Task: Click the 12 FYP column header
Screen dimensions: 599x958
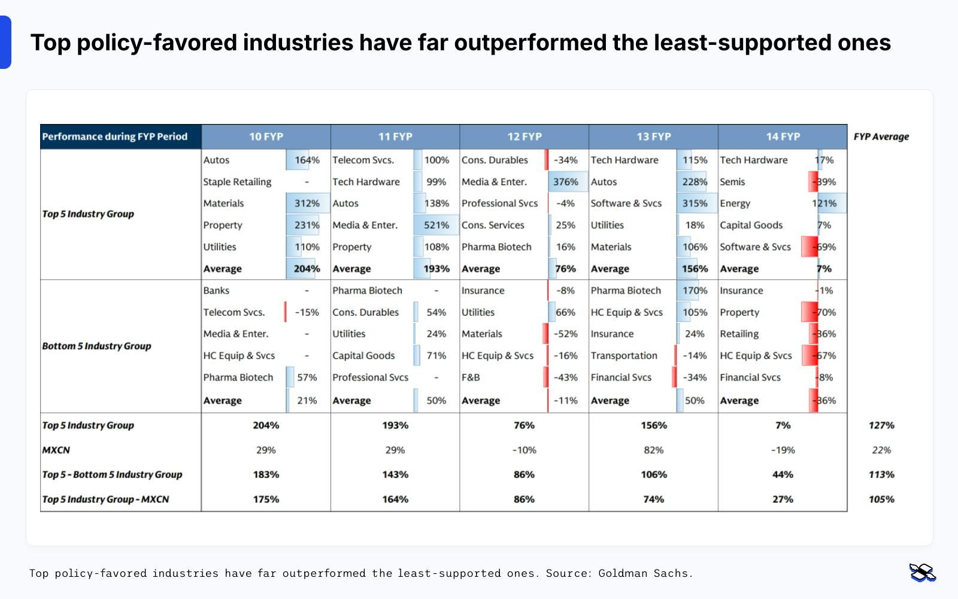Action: [524, 137]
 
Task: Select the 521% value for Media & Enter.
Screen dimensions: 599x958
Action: [436, 225]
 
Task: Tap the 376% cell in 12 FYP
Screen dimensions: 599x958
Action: [565, 181]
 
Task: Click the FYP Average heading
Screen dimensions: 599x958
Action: [881, 137]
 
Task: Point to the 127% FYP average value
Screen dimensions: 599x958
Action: [881, 425]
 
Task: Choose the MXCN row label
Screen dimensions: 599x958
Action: [56, 450]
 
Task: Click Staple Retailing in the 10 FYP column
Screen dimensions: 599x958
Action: [237, 181]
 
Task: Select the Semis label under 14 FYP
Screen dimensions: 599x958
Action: [732, 181]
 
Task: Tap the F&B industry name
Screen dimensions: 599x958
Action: [471, 377]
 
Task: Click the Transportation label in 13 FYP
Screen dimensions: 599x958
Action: [624, 356]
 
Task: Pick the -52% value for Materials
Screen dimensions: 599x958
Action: [565, 334]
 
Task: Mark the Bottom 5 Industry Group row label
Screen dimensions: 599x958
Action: [96, 346]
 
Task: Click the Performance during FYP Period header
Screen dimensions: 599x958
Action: [114, 137]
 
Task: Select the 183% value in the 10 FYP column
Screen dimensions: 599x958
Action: [266, 474]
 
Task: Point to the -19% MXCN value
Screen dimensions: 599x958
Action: [783, 450]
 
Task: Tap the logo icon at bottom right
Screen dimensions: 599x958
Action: [922, 573]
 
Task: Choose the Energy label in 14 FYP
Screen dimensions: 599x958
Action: [735, 204]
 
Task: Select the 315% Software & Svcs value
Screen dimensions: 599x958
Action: [695, 204]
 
